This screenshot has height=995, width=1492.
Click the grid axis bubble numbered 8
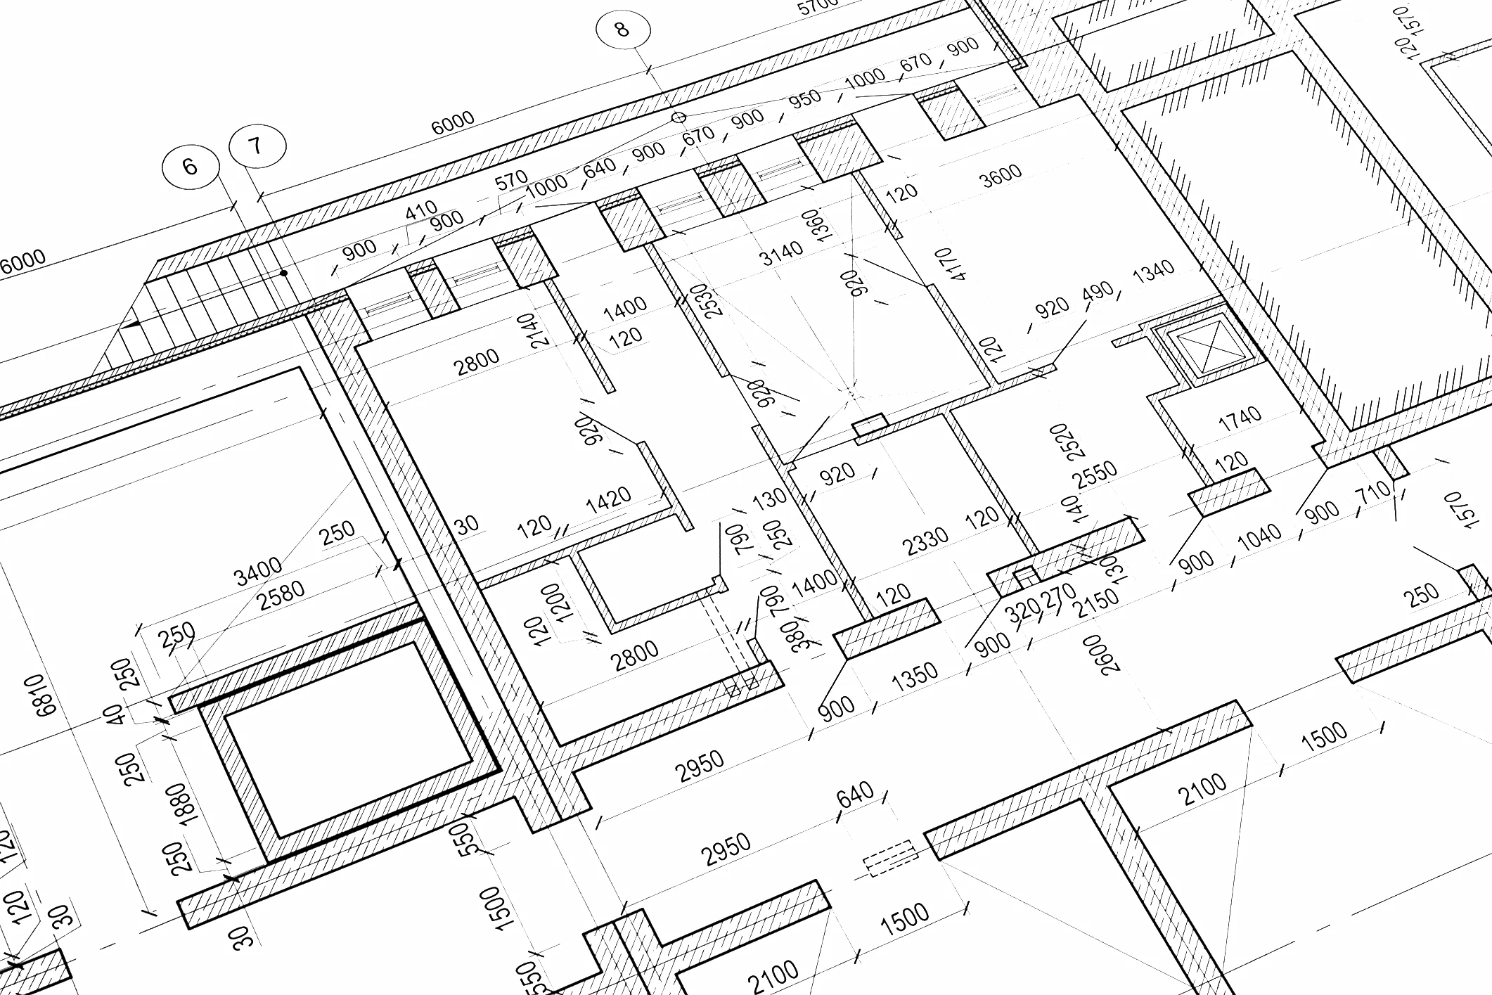point(622,29)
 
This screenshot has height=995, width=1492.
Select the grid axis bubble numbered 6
point(190,167)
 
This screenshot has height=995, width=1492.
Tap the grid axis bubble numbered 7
point(257,146)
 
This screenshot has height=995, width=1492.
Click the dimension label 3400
point(258,570)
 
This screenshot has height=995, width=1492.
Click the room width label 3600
point(1001,175)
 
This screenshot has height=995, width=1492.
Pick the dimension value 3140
point(781,252)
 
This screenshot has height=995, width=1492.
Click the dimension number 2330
point(925,541)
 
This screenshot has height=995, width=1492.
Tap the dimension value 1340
point(1153,270)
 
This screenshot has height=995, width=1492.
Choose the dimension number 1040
point(1259,536)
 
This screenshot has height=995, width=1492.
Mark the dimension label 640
point(855,795)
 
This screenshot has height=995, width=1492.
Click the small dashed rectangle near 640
point(890,859)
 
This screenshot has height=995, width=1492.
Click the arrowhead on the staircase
point(130,325)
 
